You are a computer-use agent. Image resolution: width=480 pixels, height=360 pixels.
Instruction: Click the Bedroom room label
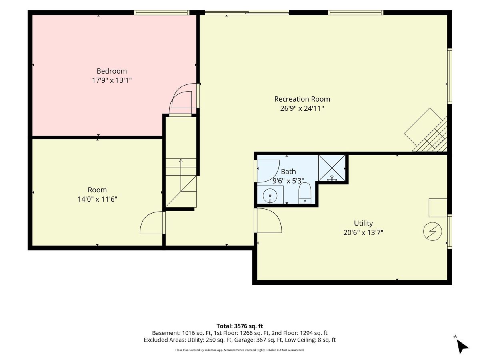tap(112, 71)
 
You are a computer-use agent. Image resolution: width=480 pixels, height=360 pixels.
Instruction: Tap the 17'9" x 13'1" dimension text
tap(112, 80)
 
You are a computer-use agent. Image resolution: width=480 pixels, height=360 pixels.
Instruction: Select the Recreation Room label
tap(302, 99)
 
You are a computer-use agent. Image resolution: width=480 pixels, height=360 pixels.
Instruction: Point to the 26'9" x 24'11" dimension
tap(302, 108)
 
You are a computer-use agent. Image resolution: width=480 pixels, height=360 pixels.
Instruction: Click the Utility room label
tap(363, 224)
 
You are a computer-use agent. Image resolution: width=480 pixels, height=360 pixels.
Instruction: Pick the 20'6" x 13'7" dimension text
tap(363, 232)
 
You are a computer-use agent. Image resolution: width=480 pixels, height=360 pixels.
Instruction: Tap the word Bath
tap(288, 172)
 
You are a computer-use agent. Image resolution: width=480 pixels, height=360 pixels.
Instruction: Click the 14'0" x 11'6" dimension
tap(97, 199)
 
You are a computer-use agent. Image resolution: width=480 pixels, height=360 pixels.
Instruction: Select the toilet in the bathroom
tap(305, 193)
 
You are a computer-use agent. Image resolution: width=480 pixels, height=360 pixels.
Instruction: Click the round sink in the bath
tap(270, 196)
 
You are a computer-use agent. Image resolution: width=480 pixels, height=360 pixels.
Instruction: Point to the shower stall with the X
tap(332, 168)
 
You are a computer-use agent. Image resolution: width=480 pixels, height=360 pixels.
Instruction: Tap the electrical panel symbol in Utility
tap(432, 232)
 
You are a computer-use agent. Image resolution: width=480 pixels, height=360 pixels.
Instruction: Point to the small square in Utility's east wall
tap(438, 208)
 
